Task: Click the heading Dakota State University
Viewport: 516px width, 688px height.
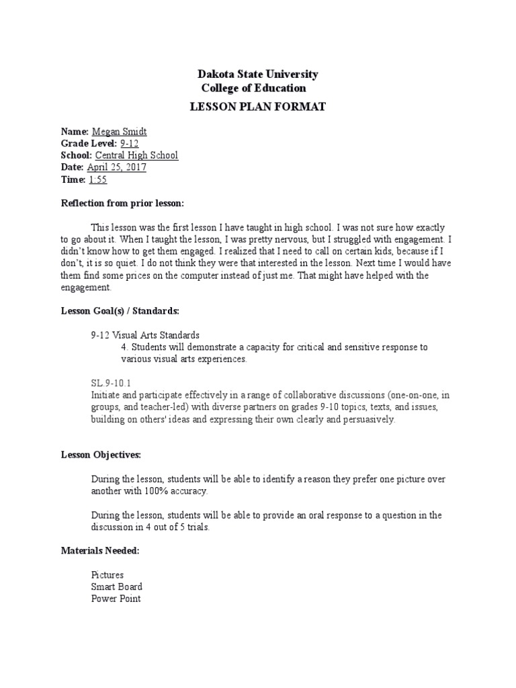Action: coord(258,74)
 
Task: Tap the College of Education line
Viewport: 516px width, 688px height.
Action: coord(253,88)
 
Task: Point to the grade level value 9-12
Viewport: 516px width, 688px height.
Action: coord(129,143)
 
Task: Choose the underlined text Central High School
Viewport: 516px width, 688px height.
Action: coord(136,155)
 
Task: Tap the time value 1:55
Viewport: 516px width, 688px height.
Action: coord(97,179)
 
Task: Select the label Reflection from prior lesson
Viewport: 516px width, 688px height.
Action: coord(122,204)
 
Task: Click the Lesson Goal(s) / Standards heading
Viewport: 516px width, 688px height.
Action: coord(120,311)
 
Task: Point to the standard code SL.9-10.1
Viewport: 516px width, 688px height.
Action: coord(110,382)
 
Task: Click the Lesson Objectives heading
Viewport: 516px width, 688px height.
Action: coord(101,455)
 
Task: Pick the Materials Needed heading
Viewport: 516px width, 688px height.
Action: coord(100,550)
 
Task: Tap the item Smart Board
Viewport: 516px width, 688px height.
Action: coord(117,587)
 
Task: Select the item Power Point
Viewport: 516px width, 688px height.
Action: coord(116,599)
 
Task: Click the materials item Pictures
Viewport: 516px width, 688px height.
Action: coord(107,575)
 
